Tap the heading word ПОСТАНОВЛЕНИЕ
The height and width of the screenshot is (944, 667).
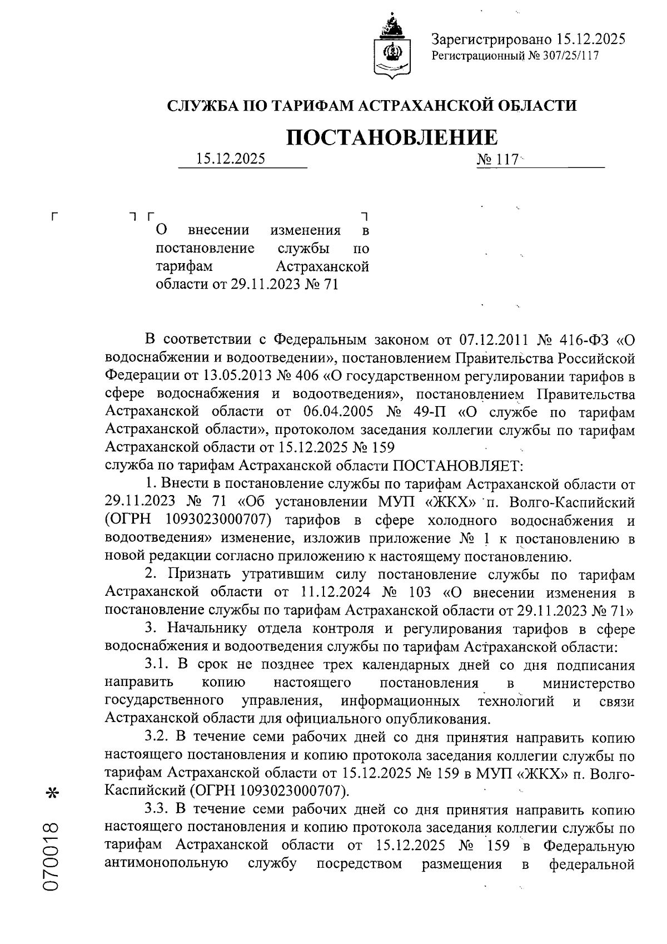(391, 137)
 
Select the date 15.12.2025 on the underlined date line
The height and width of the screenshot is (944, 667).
(230, 160)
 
